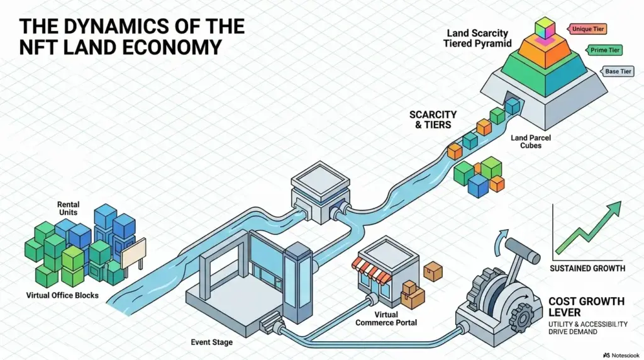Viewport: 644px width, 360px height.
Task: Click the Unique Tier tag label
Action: pos(586,29)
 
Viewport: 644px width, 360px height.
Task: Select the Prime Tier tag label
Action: pos(603,50)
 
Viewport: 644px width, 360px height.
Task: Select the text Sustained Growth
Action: pos(587,269)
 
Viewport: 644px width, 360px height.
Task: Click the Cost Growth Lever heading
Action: pos(586,307)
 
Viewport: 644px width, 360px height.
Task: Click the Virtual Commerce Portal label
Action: pos(386,318)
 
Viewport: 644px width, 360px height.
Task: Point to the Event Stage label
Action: pos(211,342)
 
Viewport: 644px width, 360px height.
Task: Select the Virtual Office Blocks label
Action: pos(62,295)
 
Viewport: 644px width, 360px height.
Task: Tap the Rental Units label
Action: pos(68,208)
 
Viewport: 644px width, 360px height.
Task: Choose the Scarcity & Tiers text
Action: pos(433,120)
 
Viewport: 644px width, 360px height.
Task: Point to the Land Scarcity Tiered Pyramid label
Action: pos(479,37)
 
